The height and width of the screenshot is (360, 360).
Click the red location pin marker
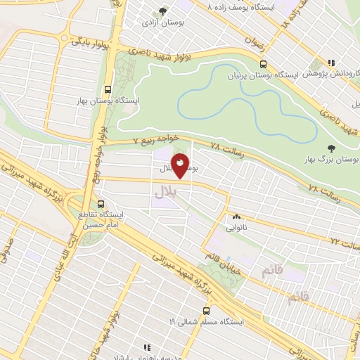click(x=181, y=165)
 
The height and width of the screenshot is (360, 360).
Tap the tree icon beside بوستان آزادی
click(x=163, y=11)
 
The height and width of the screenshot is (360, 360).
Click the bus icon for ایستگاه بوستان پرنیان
click(x=263, y=63)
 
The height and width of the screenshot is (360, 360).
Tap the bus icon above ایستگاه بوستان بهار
click(x=107, y=89)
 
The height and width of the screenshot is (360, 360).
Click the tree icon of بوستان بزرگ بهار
click(x=331, y=148)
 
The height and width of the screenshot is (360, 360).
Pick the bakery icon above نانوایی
click(x=236, y=217)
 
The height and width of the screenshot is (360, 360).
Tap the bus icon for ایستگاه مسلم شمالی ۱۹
click(x=207, y=309)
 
